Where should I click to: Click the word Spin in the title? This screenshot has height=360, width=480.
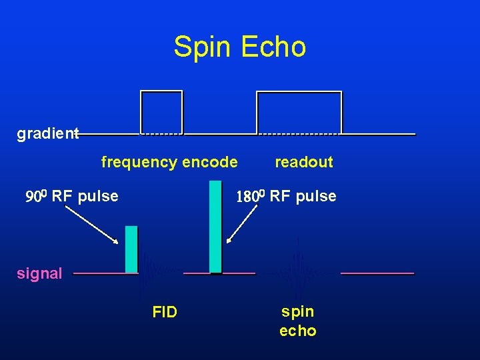tap(201, 47)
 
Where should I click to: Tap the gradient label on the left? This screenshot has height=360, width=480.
tap(47, 134)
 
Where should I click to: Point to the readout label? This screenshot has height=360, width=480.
tap(303, 162)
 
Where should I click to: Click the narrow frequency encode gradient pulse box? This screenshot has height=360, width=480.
tap(161, 112)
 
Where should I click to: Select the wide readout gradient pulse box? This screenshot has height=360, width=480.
tap(299, 112)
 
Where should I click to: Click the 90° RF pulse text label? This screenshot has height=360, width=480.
tap(72, 196)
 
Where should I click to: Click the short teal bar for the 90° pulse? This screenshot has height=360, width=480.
tap(131, 249)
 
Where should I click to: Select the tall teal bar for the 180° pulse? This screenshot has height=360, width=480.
tap(215, 227)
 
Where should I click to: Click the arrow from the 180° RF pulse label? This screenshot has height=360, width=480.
tap(242, 223)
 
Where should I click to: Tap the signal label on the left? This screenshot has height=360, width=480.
tap(39, 273)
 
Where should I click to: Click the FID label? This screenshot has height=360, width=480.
tap(165, 311)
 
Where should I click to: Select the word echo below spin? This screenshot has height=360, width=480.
tap(297, 331)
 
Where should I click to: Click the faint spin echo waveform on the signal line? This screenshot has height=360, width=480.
tap(297, 272)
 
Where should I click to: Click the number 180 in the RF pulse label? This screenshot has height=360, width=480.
tap(251, 196)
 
